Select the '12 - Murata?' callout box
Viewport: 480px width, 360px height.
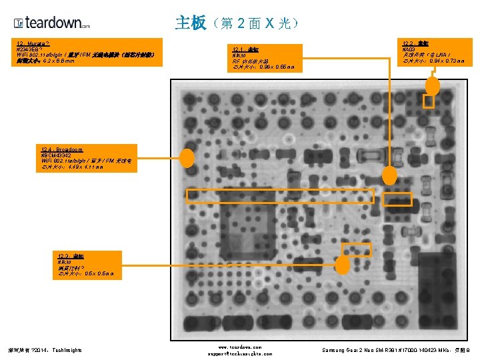pos(87,52)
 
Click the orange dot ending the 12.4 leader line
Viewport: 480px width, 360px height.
pos(188,158)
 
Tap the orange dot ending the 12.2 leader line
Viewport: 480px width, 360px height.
pos(433,85)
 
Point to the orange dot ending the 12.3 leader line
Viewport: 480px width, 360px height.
pos(342,265)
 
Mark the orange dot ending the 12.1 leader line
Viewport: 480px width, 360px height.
pos(391,175)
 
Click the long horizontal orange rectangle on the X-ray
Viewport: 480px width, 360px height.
pos(281,196)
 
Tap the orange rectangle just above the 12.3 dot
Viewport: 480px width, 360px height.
pos(356,248)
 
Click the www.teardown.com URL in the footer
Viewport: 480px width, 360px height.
pos(239,347)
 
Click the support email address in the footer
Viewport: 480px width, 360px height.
pos(239,353)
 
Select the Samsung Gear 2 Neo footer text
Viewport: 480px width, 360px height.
pos(396,349)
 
